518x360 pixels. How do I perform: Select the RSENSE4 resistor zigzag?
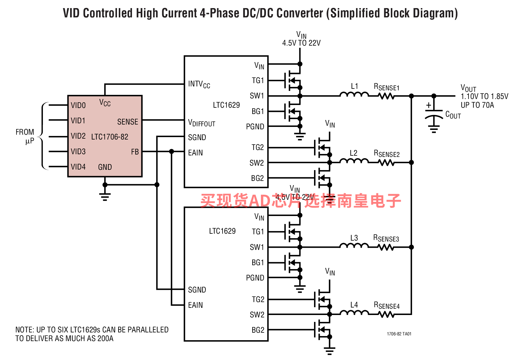(x=386, y=314)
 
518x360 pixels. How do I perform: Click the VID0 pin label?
(x=78, y=105)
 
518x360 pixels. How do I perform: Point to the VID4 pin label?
(x=78, y=167)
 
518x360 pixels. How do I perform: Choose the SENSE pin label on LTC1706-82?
(x=127, y=122)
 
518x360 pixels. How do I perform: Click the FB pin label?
(x=135, y=152)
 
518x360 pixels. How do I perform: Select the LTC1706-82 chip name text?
(x=109, y=137)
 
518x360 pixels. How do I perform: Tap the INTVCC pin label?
(x=199, y=84)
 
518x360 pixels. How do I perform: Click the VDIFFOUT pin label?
(x=202, y=123)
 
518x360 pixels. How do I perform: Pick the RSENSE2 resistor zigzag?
(x=386, y=162)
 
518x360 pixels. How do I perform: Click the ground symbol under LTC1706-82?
(x=105, y=196)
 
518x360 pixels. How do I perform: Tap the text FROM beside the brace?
(x=25, y=132)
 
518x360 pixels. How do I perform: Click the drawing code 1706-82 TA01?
(x=399, y=334)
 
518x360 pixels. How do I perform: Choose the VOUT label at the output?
(x=468, y=88)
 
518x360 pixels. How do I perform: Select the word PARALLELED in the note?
(x=148, y=330)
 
